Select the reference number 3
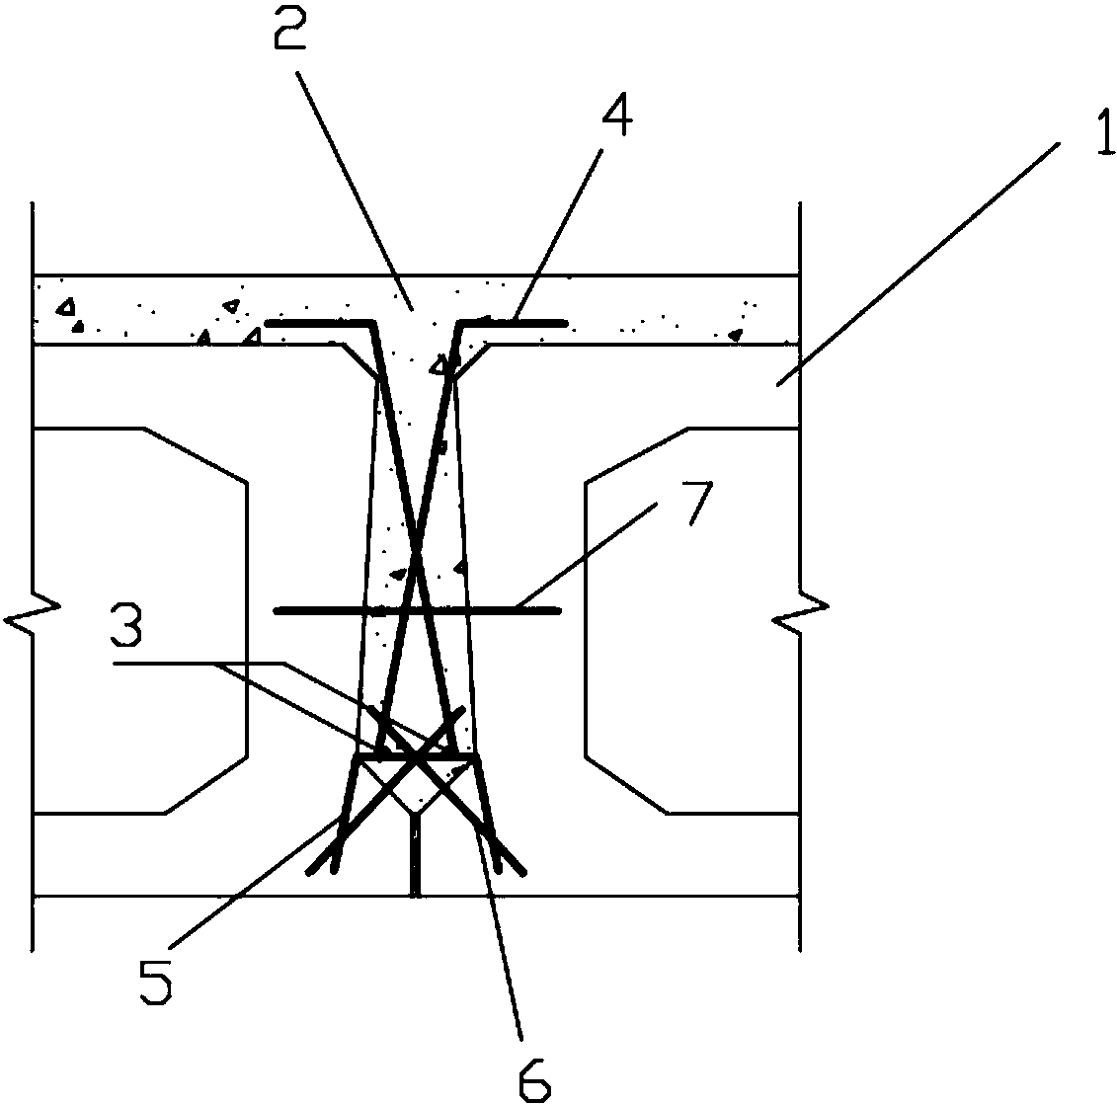coord(126,625)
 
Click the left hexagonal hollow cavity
coord(139,620)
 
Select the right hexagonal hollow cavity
coord(692,620)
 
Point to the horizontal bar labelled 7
coord(418,610)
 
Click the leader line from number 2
coord(355,191)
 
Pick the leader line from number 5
coord(252,884)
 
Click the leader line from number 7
coord(587,555)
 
